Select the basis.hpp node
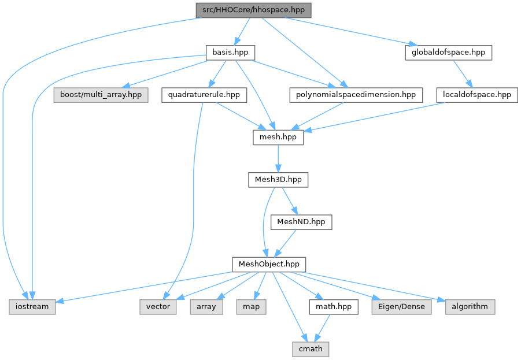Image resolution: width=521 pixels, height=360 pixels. (230, 53)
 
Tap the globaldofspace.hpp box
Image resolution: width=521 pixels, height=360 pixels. (448, 53)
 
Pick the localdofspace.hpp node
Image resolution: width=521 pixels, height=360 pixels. (476, 95)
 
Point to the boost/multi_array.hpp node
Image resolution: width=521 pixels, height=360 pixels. (101, 95)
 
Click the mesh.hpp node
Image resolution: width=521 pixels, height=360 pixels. (278, 138)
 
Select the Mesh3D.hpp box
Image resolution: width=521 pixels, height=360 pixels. (278, 180)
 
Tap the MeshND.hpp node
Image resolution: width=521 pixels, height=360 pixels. (301, 222)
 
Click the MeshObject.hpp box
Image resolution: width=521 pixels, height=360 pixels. (269, 264)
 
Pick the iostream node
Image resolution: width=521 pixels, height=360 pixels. (32, 306)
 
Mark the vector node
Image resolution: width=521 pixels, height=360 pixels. (158, 306)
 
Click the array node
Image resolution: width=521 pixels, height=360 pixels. (206, 306)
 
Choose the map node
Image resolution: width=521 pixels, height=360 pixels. (251, 306)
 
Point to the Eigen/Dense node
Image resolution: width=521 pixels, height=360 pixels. (402, 306)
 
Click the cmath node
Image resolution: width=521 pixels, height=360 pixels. (310, 348)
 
